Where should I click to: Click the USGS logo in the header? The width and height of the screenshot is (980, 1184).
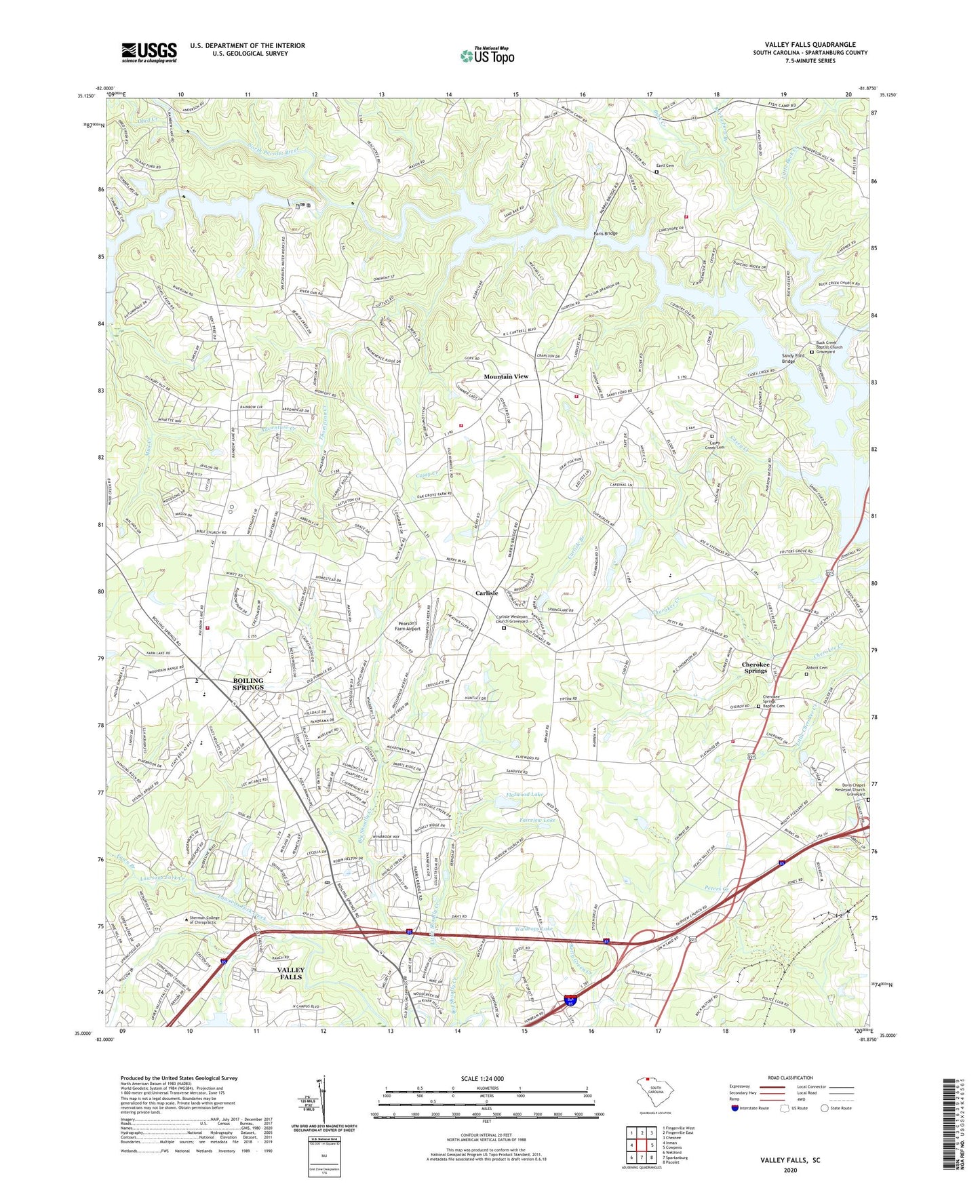[x=149, y=52]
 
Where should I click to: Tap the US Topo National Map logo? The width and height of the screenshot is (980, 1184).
[x=487, y=56]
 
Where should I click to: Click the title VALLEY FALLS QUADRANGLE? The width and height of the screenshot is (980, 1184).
[x=810, y=45]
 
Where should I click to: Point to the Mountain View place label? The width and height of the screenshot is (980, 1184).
[x=505, y=376]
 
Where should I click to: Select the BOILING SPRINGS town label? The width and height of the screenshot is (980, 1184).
[x=248, y=684]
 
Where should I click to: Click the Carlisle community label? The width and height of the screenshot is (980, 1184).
[x=486, y=593]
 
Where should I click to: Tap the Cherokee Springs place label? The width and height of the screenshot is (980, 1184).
[x=756, y=667]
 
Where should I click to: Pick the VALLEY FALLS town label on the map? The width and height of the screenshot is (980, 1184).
[x=291, y=974]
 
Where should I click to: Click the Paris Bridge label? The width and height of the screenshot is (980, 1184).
[x=606, y=233]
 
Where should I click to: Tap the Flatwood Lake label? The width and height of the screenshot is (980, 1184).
[x=524, y=794]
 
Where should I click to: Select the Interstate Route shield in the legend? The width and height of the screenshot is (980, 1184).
[x=735, y=1108]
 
